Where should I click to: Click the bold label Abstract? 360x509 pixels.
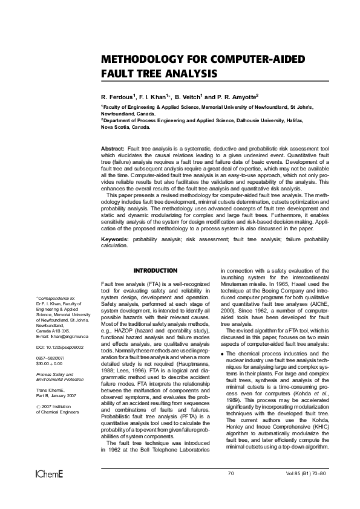tap(113, 148)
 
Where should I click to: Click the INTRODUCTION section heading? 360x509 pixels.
tap(155, 270)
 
